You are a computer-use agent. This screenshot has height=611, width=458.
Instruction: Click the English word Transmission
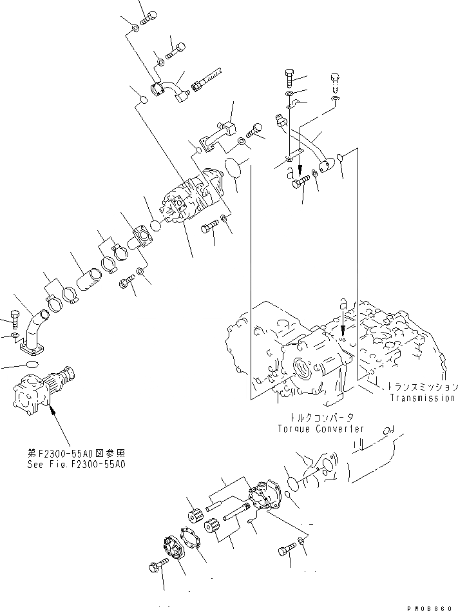(x=422, y=398)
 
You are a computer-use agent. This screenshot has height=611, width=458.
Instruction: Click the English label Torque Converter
(x=320, y=429)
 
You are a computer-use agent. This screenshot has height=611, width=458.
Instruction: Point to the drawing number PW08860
(x=432, y=606)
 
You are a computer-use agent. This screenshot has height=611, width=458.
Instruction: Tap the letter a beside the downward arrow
(x=291, y=171)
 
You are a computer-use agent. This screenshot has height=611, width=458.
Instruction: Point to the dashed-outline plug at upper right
(x=335, y=82)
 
